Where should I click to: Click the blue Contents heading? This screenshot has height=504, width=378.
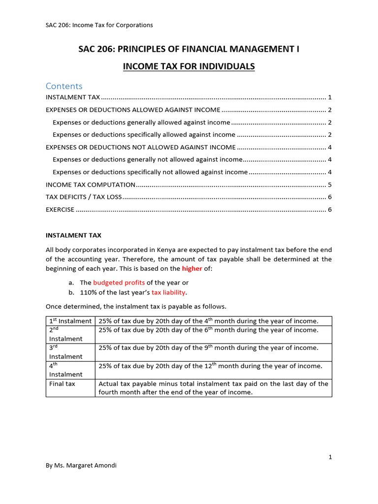click(x=64, y=86)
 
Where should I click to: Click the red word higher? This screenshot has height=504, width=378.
click(x=192, y=269)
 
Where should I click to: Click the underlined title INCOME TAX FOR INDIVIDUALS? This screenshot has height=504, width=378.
click(x=189, y=66)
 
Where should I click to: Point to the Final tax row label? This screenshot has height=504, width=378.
click(x=62, y=383)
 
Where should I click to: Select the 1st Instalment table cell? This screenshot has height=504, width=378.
click(x=70, y=321)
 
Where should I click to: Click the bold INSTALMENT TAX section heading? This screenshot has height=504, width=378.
click(x=73, y=235)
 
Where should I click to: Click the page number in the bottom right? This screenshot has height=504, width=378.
click(x=330, y=457)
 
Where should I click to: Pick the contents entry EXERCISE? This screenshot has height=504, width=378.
click(x=60, y=210)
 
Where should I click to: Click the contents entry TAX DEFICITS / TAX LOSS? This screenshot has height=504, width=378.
click(x=83, y=197)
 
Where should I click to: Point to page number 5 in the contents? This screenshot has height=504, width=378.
click(x=329, y=185)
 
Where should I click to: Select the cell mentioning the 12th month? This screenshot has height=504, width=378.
click(x=211, y=366)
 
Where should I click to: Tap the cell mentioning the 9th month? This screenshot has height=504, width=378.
click(x=209, y=347)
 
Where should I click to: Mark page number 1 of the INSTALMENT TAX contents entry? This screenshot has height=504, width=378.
click(x=329, y=97)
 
